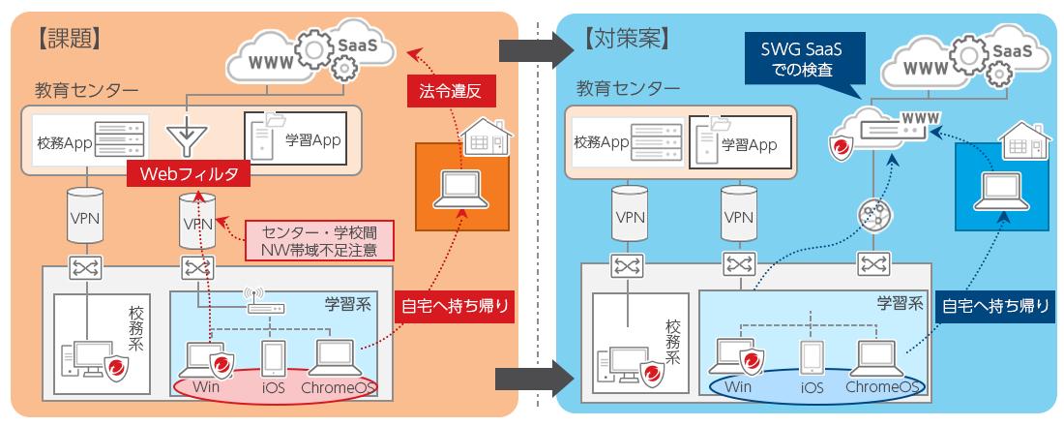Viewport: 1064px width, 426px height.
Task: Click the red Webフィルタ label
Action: [x=189, y=174]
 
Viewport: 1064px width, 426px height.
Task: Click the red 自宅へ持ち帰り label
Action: [x=456, y=307]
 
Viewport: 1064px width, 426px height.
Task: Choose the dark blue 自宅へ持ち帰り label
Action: [x=997, y=307]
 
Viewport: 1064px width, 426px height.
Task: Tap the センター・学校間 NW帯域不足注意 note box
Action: [x=320, y=241]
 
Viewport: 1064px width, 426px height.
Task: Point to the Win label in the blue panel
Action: [x=738, y=388]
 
